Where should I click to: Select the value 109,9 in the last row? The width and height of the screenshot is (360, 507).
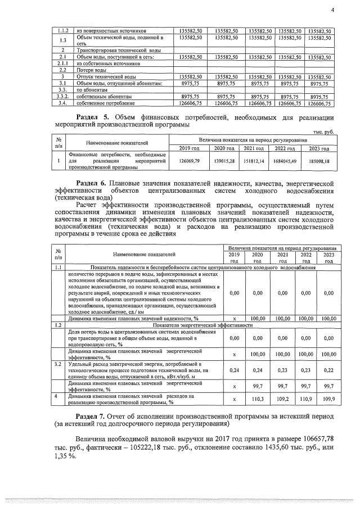coord(328,399)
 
